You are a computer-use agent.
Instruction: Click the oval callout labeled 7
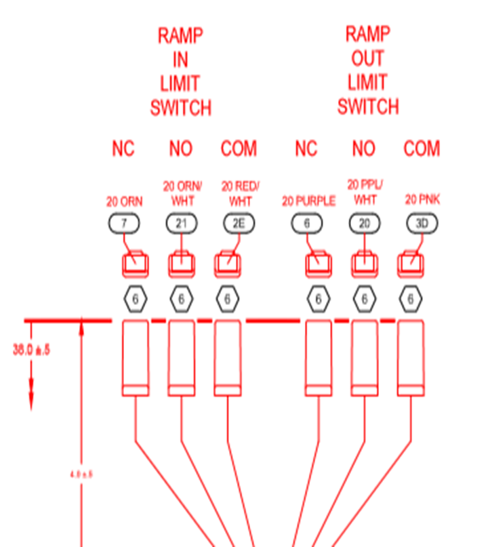click(x=124, y=223)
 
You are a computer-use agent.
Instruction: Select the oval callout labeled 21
click(x=182, y=223)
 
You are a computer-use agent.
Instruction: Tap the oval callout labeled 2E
click(x=239, y=223)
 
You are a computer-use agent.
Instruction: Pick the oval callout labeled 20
click(x=365, y=223)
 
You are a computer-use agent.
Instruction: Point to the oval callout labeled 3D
click(x=422, y=223)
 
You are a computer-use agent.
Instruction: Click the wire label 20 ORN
click(x=124, y=201)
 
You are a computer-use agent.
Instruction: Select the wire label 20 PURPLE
click(x=308, y=201)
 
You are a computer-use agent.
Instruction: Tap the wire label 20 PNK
click(x=422, y=200)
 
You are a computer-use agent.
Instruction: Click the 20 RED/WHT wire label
click(x=240, y=193)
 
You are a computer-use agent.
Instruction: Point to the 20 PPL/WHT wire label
click(x=365, y=192)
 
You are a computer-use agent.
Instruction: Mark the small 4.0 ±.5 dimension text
click(x=81, y=474)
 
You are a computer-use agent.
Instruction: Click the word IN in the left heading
click(x=180, y=60)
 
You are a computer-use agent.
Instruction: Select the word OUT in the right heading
click(x=367, y=58)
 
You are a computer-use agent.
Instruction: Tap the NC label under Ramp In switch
click(x=123, y=149)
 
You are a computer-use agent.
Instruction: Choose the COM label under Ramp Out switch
click(x=422, y=149)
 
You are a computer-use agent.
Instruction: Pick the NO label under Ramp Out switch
click(x=365, y=149)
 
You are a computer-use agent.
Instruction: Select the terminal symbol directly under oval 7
click(x=135, y=264)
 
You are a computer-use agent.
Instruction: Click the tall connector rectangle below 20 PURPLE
click(x=319, y=357)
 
